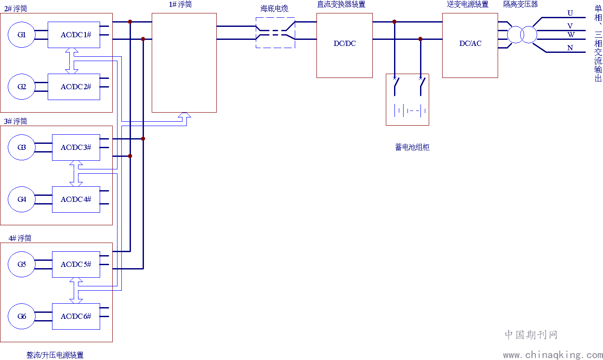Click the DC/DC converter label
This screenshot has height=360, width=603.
pyautogui.click(x=345, y=43)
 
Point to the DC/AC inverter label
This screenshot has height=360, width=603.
pyautogui.click(x=470, y=43)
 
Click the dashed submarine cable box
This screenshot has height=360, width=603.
pyautogui.click(x=275, y=18)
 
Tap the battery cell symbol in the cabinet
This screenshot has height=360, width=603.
pyautogui.click(x=410, y=110)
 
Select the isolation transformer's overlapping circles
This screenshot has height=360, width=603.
pyautogui.click(x=522, y=35)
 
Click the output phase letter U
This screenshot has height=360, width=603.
pyautogui.click(x=570, y=13)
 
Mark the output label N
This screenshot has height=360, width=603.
pyautogui.click(x=570, y=48)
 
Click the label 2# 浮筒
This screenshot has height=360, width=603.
pyautogui.click(x=16, y=9)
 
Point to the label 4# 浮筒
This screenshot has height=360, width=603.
pyautogui.click(x=20, y=238)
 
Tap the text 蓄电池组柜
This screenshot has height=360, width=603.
pyautogui.click(x=412, y=147)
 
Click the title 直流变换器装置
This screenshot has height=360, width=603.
pyautogui.click(x=341, y=4)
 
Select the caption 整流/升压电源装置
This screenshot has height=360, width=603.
pyautogui.click(x=55, y=355)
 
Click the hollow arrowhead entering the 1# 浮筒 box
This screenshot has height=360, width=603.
pyautogui.click(x=184, y=115)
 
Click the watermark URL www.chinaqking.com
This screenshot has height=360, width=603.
pyautogui.click(x=553, y=355)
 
